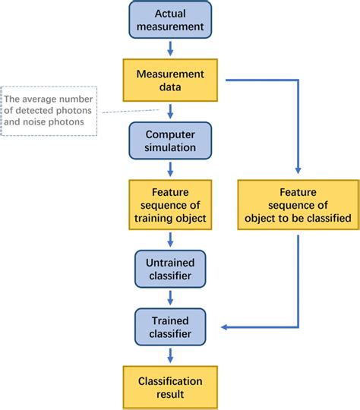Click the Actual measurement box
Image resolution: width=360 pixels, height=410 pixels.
(170, 20)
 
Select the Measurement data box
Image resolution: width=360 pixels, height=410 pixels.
(170, 80)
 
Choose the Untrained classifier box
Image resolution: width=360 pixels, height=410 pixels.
(170, 268)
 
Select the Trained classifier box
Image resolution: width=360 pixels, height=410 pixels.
(170, 327)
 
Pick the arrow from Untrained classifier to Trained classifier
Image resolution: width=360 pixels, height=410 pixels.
(170, 298)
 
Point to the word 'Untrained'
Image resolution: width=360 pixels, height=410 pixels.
(170, 262)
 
